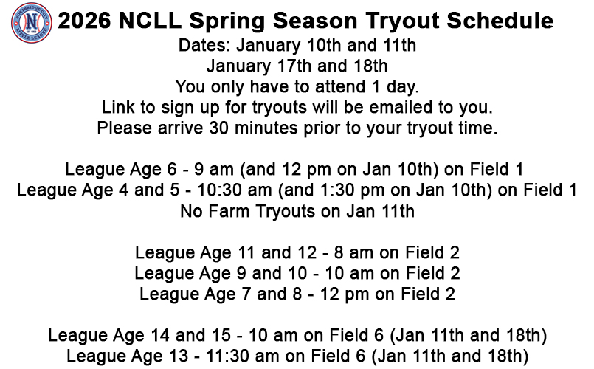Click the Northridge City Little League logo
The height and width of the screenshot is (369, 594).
tap(32, 23)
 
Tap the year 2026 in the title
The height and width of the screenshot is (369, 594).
tap(84, 21)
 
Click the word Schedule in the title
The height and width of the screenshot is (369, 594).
tap(500, 21)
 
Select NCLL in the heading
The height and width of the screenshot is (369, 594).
tap(150, 21)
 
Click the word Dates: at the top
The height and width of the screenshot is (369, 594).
tap(204, 46)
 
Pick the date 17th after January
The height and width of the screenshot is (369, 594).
tap(294, 66)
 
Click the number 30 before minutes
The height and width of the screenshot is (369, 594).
tap(219, 128)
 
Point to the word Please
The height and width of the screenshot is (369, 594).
tap(124, 128)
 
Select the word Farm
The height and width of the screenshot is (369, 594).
tap(229, 211)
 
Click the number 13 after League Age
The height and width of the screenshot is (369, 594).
tap(178, 356)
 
